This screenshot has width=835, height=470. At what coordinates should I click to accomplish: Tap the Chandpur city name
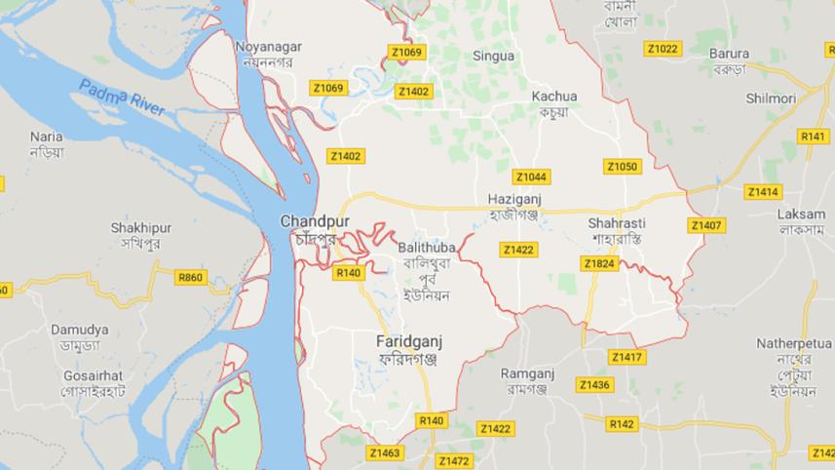click(x=308, y=221)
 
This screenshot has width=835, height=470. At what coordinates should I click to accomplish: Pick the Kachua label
click(x=554, y=97)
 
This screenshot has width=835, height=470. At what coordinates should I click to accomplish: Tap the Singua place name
click(x=493, y=57)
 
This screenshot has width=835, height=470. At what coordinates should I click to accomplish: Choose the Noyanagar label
click(x=268, y=46)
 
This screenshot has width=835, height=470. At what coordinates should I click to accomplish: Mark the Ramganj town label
click(x=527, y=373)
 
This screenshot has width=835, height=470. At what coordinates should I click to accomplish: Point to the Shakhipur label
click(x=140, y=228)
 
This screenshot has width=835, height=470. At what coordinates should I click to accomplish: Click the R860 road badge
click(x=191, y=278)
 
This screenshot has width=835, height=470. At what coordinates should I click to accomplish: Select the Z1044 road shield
click(x=531, y=176)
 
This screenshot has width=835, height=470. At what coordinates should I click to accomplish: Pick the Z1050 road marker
click(x=622, y=167)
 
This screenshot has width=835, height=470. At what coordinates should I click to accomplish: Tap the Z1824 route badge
click(x=598, y=263)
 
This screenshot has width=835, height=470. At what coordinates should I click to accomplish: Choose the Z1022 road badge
click(x=663, y=48)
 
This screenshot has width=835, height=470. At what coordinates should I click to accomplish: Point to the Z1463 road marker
click(x=385, y=452)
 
